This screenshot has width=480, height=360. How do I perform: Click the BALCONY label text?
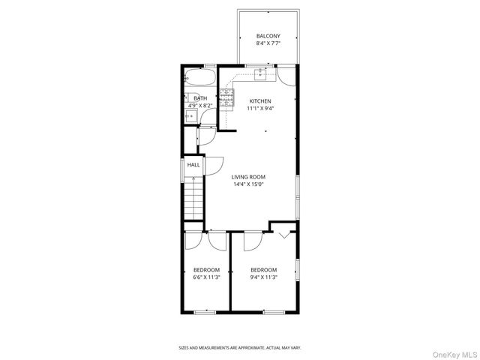coord(268,36)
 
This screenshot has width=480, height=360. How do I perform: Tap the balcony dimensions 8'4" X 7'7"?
coord(268,43)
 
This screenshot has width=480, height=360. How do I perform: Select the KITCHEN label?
coord(260,100)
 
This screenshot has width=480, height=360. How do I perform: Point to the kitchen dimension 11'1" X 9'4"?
coord(260,108)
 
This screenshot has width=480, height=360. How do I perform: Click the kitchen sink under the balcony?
coord(260,73)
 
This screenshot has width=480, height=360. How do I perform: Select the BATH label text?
coord(200,98)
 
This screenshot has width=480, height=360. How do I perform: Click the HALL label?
coord(193,165)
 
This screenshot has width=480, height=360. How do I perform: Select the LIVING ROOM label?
coord(248,177)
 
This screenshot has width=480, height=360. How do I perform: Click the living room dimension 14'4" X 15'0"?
coord(248,184)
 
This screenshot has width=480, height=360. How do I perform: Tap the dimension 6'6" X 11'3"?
coord(206,277)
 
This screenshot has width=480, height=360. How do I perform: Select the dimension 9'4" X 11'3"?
coord(263,277)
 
